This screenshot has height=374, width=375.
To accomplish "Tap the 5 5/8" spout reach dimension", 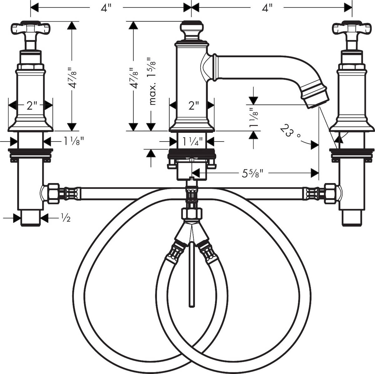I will point(252,173).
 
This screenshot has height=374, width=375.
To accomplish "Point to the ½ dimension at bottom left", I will point(65,218).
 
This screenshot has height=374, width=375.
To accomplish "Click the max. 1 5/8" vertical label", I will point(152,81).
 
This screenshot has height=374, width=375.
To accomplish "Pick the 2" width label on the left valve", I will point(31,105).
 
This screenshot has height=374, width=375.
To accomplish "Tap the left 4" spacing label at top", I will point(106,7).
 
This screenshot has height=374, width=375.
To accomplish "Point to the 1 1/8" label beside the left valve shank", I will point(74,142).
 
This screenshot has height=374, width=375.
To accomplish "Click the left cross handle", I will point(31,29).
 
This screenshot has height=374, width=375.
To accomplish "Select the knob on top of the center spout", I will point(192,30).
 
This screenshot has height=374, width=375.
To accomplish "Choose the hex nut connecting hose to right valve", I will point(330,193).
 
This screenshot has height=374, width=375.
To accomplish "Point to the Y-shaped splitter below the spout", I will point(192,231).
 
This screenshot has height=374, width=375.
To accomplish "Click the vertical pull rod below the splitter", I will point(192,275).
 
